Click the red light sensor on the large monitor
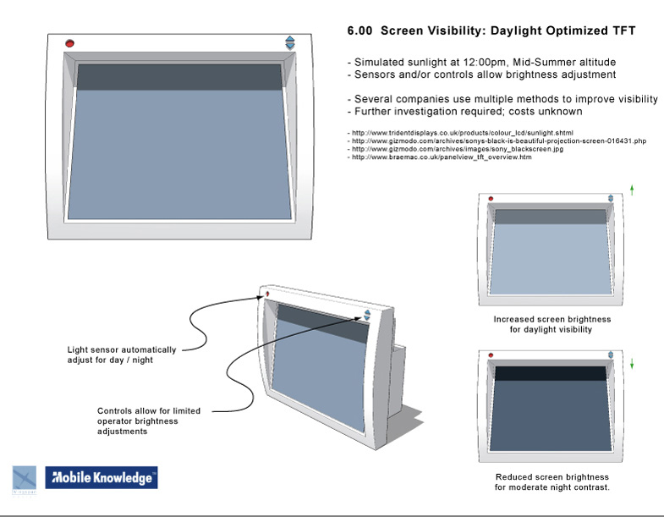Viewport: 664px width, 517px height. [x=70, y=43]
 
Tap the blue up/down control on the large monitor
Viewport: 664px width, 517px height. [x=289, y=43]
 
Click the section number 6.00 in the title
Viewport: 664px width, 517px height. [x=360, y=31]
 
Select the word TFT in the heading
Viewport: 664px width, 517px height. [x=623, y=31]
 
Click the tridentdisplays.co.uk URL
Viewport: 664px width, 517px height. [x=462, y=133]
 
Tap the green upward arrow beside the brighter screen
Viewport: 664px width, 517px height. [x=632, y=190]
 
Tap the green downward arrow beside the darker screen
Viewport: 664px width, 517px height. [x=632, y=364]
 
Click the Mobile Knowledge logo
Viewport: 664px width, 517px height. [x=102, y=477]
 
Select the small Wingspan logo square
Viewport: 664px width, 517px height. [x=25, y=479]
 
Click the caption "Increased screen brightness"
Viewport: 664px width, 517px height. [x=552, y=319]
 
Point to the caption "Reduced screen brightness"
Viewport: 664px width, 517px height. [x=552, y=477]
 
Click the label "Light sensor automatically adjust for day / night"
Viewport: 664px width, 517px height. [x=122, y=355]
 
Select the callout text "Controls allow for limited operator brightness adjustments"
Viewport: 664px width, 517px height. [x=149, y=421]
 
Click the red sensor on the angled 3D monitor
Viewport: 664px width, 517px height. [x=267, y=294]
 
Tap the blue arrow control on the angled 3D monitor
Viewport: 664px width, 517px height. [x=367, y=315]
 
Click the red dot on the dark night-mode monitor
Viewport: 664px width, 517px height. [x=491, y=355]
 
